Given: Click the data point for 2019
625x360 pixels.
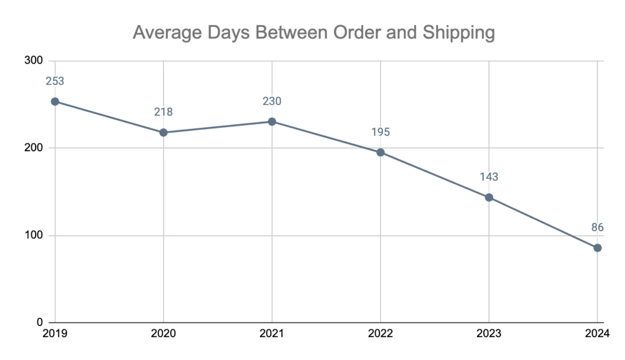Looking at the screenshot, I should [55, 102].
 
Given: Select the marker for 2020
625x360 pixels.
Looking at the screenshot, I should [163, 133].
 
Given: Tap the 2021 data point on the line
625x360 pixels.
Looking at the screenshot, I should [272, 122].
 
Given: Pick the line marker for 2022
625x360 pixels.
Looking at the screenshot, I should [380, 152].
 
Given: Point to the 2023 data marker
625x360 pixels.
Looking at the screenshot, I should [489, 198].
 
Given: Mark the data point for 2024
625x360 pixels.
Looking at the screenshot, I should [597, 248].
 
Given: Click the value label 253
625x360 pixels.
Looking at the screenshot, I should [55, 81].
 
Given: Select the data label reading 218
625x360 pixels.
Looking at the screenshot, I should [163, 112].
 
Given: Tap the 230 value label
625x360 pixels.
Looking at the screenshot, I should [272, 101].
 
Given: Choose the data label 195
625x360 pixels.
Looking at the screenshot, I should [380, 132].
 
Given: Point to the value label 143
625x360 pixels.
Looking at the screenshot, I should [489, 177].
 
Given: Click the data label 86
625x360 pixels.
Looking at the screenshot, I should [597, 227].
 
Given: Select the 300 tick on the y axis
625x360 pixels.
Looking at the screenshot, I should [34, 60].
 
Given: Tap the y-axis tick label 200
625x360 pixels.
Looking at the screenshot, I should [34, 148].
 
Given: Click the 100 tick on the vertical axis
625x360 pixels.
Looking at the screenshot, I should [34, 235].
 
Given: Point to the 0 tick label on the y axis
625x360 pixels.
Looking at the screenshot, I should [40, 322].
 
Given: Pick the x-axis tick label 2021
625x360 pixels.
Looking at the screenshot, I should [272, 334].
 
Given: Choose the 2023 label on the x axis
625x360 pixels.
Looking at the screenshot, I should [489, 334].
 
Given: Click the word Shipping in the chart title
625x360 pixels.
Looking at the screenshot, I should [459, 33].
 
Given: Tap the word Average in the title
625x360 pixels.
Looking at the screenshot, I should [167, 33].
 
